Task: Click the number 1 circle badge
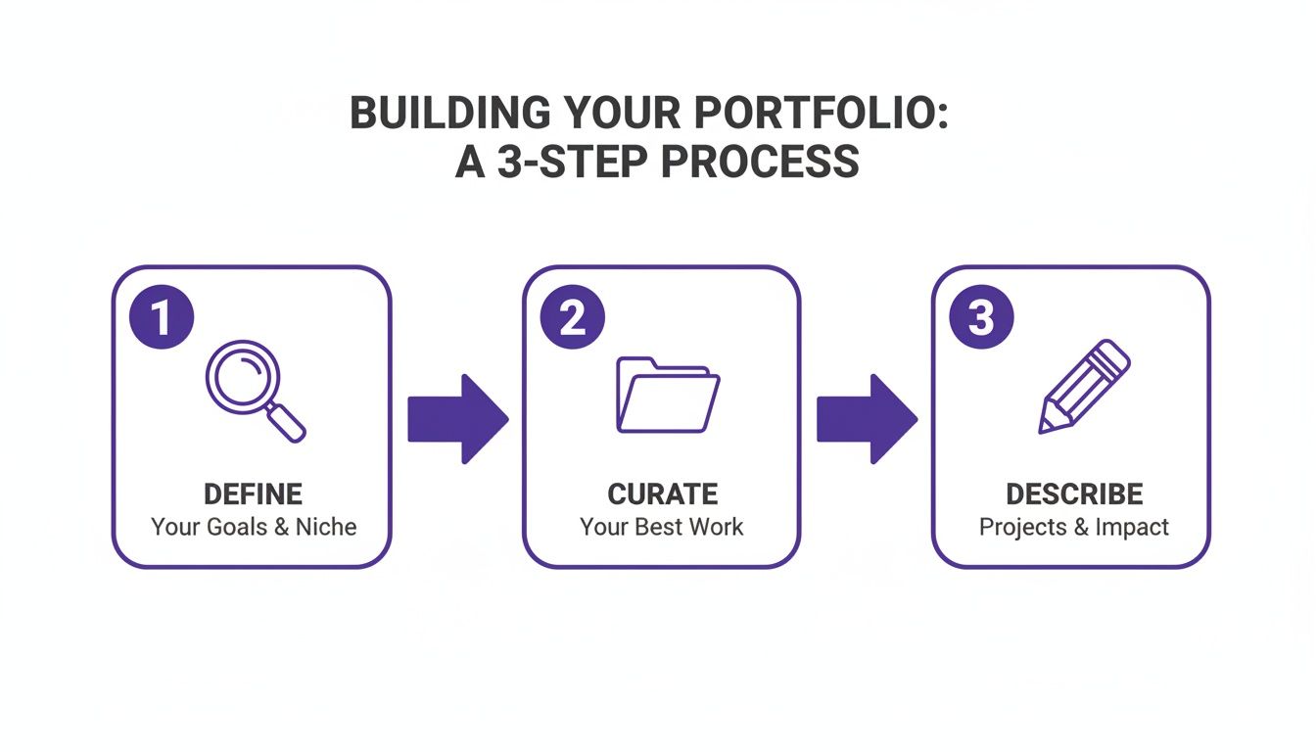(x=162, y=318)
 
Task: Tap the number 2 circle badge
(x=572, y=318)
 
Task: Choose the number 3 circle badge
(x=981, y=318)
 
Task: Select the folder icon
(x=667, y=394)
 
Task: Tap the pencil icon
(x=1083, y=386)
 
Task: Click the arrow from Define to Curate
(x=457, y=418)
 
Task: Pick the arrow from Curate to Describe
(x=867, y=418)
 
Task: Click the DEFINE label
(x=253, y=493)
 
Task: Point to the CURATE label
(x=662, y=493)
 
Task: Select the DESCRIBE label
(x=1074, y=493)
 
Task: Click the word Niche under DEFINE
(x=326, y=527)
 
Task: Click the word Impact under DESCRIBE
(x=1132, y=527)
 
